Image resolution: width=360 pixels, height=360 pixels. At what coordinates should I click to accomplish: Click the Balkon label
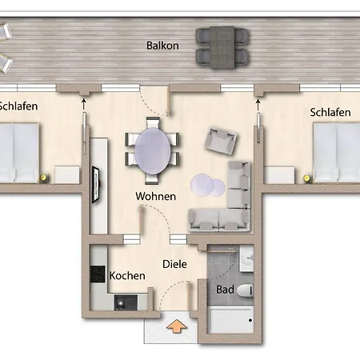coord(162,46)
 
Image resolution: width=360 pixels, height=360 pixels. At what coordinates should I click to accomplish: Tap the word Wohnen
coord(156,196)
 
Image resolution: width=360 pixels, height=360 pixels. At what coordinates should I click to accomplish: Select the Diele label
coord(174,264)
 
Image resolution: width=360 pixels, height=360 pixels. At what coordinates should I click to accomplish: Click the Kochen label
coord(127,275)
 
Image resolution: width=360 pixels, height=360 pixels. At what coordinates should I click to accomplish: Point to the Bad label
coord(225,290)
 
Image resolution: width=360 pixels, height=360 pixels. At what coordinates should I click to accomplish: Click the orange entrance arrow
coord(177,326)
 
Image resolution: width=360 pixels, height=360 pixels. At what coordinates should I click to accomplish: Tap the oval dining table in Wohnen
coord(153,151)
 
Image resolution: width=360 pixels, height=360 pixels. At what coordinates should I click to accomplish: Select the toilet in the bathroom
coord(245,290)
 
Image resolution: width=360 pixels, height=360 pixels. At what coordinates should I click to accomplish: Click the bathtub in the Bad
coord(230,320)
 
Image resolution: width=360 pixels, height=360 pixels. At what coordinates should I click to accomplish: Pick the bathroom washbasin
coord(246,258)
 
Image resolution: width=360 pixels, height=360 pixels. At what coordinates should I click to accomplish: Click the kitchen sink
coord(126,302)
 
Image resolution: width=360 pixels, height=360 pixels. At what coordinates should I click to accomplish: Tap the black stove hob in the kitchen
coord(98,274)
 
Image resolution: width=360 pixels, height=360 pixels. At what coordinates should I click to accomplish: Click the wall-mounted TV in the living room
coord(96,185)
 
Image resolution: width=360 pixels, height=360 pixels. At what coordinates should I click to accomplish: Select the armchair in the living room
coord(221,141)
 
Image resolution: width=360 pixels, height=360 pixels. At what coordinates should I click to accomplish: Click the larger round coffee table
coord(202,185)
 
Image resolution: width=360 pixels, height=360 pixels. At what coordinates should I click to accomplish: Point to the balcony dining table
coord(222,47)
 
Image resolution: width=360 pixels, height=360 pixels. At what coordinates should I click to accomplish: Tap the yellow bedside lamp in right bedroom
coord(307,178)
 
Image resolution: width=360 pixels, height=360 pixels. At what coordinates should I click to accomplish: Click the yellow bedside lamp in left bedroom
coord(43,178)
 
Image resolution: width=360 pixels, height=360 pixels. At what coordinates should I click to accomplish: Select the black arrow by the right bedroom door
coord(258,105)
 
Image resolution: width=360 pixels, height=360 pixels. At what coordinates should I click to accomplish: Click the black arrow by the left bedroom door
coord(84,104)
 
